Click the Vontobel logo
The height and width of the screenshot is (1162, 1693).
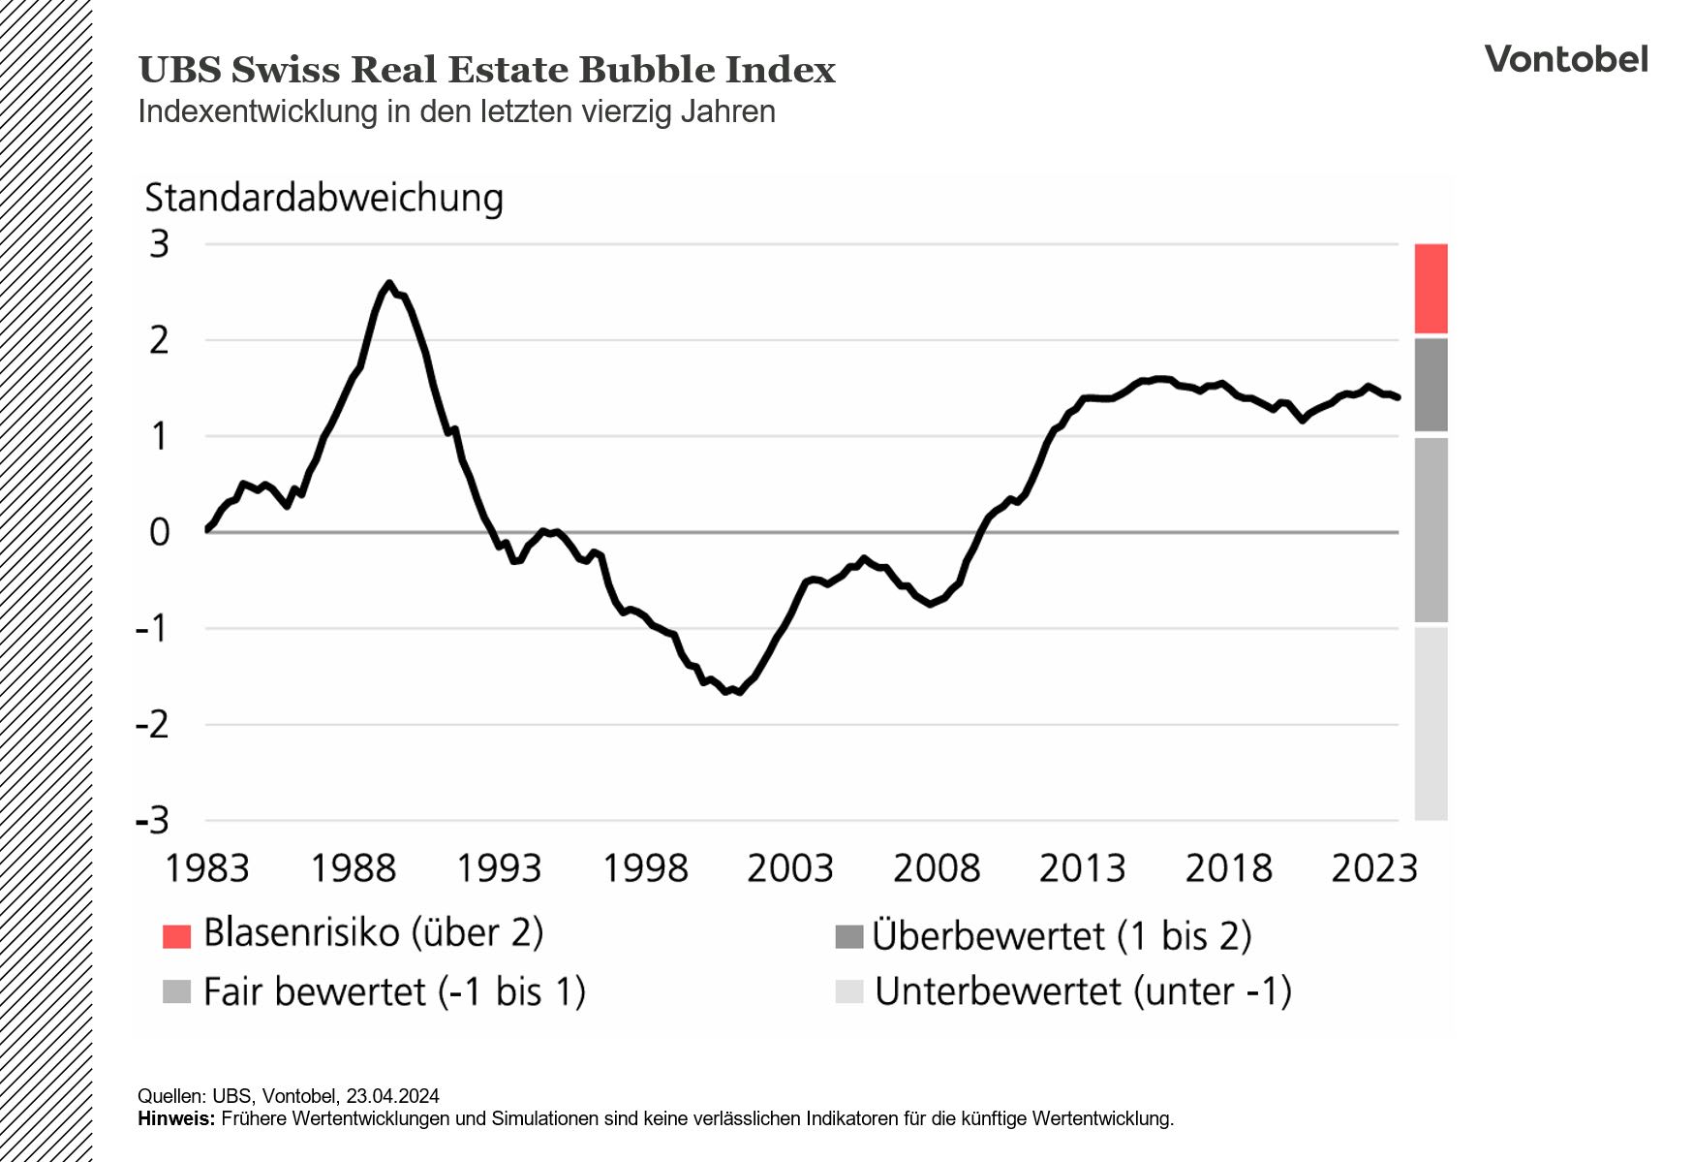point(1565,60)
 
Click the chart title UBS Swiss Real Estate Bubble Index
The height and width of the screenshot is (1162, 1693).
point(486,71)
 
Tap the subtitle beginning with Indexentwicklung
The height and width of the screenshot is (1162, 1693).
point(456,112)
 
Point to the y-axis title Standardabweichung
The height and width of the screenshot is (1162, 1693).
point(323,198)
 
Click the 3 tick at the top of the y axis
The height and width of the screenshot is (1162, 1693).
point(160,244)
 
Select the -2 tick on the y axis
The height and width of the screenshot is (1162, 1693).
point(152,725)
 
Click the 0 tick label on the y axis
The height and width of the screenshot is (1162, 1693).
point(160,532)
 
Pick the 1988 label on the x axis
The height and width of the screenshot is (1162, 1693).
point(353,868)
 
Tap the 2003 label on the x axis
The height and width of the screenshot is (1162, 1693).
point(789,868)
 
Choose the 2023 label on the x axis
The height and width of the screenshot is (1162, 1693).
point(1373,868)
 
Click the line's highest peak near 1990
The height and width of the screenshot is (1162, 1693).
point(388,284)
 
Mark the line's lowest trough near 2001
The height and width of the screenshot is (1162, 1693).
point(738,692)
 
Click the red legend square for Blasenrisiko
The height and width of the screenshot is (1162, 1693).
point(176,936)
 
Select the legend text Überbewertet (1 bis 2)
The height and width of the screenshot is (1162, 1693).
point(1062,936)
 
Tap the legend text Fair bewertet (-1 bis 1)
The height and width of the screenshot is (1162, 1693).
point(394,992)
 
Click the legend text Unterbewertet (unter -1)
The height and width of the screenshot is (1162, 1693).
point(1083,992)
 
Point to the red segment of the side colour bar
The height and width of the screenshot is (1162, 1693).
point(1431,289)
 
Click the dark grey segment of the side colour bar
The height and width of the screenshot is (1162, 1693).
point(1431,385)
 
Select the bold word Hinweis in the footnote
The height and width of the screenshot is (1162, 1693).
point(175,1119)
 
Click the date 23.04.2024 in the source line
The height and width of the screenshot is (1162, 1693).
point(392,1096)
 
